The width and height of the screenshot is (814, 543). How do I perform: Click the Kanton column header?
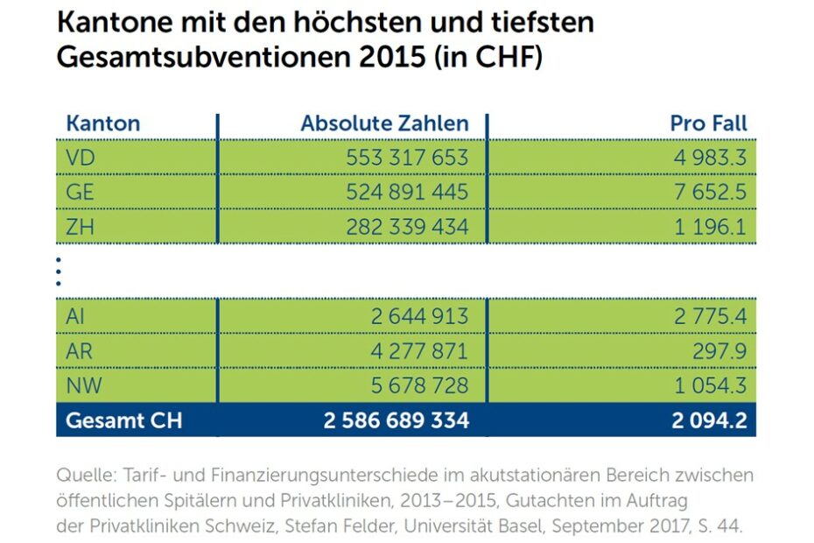tap(102, 123)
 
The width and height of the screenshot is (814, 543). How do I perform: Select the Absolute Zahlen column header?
tap(384, 123)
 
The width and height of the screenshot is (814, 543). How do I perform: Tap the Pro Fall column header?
tap(709, 123)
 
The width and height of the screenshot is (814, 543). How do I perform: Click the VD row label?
tap(81, 158)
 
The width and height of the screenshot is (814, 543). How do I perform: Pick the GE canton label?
tap(80, 193)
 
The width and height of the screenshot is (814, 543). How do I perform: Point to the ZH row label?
tap(80, 227)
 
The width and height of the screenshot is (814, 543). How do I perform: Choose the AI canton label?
tap(74, 316)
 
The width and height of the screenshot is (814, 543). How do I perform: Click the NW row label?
tap(83, 385)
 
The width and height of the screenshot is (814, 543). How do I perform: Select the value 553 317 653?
tap(407, 158)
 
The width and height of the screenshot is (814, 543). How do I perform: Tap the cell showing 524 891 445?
tap(407, 193)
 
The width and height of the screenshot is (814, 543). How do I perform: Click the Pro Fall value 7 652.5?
tap(711, 193)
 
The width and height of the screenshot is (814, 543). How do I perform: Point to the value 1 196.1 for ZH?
tap(711, 227)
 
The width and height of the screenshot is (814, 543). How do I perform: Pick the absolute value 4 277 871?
tap(419, 351)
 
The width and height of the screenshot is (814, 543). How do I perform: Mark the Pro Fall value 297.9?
tap(720, 351)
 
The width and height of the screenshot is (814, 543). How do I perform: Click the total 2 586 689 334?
tap(396, 420)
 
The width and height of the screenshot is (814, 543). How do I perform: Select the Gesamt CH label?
tap(124, 420)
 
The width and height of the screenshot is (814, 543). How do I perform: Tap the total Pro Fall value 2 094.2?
tap(709, 420)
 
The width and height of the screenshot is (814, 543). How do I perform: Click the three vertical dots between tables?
tap(58, 271)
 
